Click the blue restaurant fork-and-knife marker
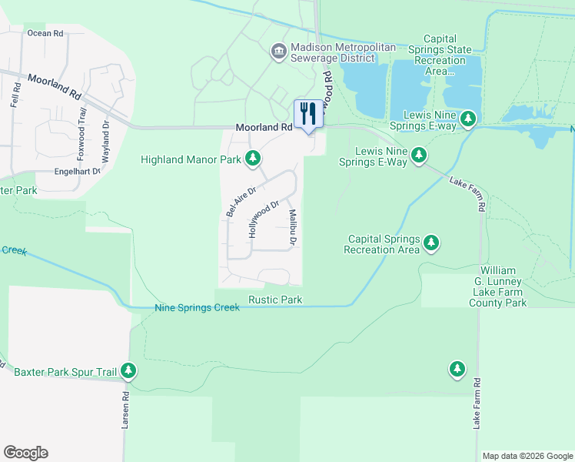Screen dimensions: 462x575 (309, 114)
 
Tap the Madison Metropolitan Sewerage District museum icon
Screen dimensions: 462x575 (278, 52)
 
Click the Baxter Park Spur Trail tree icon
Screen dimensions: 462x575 (129, 372)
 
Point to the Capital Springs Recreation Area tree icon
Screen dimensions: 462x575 (431, 244)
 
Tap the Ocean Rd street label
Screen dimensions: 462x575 (45, 33)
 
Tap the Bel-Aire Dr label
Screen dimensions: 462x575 (240, 199)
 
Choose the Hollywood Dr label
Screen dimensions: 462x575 (262, 219)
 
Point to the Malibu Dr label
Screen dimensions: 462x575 (293, 227)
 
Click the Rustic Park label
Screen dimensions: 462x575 (274, 300)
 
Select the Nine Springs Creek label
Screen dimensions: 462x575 (198, 308)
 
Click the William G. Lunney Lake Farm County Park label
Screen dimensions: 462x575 (502, 286)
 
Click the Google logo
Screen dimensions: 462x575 (25, 453)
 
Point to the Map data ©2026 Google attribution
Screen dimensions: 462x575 (527, 456)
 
